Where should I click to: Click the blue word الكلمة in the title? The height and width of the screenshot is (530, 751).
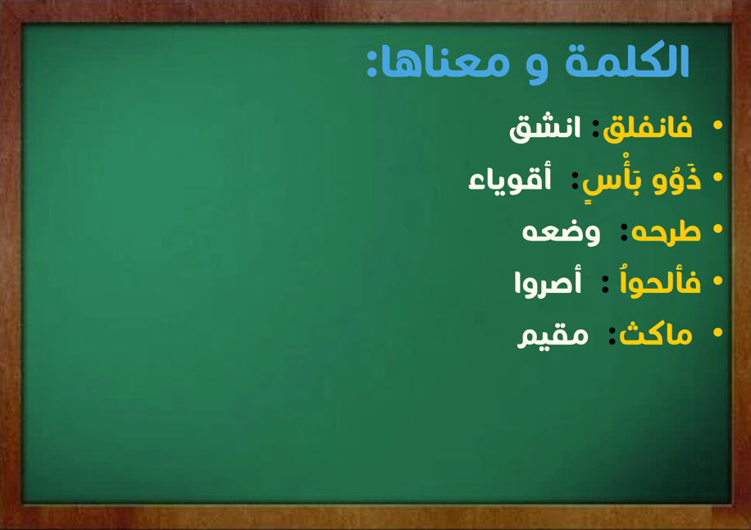[x=627, y=61]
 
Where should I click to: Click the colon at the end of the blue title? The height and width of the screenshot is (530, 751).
[x=371, y=62]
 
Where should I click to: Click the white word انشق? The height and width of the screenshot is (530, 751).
[x=544, y=129]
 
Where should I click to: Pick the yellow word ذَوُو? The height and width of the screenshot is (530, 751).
[x=676, y=179]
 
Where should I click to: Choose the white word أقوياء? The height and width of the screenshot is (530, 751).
[x=510, y=180]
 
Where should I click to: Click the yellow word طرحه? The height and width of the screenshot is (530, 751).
[x=666, y=232]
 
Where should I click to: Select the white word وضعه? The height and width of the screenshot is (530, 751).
[x=561, y=233]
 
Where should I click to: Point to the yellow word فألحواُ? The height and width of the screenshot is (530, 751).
[x=660, y=281]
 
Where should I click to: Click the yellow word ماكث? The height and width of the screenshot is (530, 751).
[x=656, y=335]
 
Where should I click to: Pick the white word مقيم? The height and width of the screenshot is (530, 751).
[x=553, y=336]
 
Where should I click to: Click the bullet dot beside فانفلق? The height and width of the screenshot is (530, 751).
[x=717, y=125]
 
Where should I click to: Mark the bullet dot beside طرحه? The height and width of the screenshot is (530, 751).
[x=717, y=229]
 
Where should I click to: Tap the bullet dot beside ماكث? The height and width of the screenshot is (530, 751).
[x=717, y=332]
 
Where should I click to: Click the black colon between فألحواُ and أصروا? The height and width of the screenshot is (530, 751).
[x=605, y=284]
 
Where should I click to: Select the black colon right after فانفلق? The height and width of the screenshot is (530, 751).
[x=595, y=129]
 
